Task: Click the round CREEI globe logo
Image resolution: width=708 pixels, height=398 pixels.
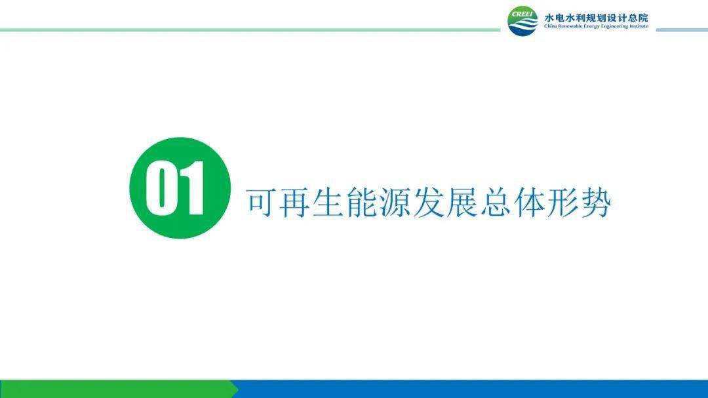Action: [x=522, y=22]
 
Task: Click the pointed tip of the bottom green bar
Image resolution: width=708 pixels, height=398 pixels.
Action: [x=237, y=389]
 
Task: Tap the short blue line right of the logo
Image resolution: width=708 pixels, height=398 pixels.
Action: [x=681, y=30]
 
